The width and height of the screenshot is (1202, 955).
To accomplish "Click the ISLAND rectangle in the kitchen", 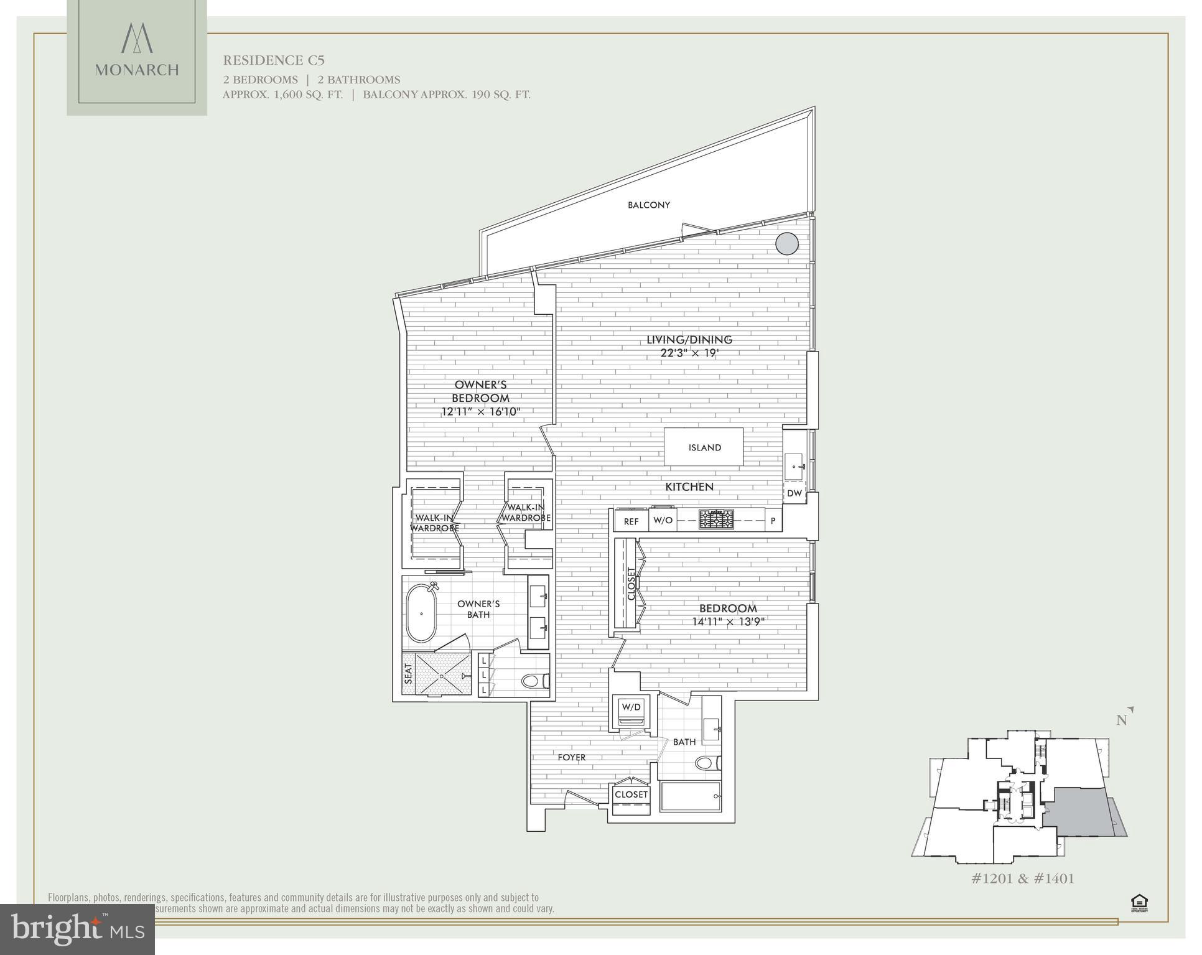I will pyautogui.click(x=704, y=447).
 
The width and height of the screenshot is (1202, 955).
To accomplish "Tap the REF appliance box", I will pyautogui.click(x=631, y=521).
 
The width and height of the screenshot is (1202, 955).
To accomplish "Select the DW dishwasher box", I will pyautogui.click(x=794, y=493).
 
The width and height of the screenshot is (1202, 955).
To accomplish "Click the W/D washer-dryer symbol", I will pyautogui.click(x=631, y=708).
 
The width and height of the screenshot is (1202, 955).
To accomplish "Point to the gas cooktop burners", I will pyautogui.click(x=716, y=519).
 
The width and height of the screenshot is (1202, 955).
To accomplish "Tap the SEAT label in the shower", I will pyautogui.click(x=409, y=674).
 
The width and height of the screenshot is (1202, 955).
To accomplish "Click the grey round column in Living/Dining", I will pyautogui.click(x=786, y=243).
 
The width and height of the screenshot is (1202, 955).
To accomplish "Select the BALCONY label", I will pyautogui.click(x=648, y=205).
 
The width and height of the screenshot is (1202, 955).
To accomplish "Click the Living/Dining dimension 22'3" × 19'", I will pyautogui.click(x=689, y=353).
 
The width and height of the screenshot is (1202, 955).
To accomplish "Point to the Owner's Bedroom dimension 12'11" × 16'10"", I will pyautogui.click(x=480, y=412).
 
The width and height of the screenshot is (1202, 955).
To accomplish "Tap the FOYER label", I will pyautogui.click(x=571, y=757).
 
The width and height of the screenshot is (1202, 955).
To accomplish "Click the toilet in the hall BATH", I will pyautogui.click(x=707, y=763).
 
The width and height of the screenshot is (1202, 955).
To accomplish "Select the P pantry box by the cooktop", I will pyautogui.click(x=773, y=521).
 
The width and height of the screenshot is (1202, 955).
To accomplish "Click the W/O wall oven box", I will pyautogui.click(x=663, y=521).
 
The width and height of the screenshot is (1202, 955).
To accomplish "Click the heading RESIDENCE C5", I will pyautogui.click(x=274, y=60).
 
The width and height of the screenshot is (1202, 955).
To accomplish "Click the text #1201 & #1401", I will pyautogui.click(x=1023, y=878).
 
